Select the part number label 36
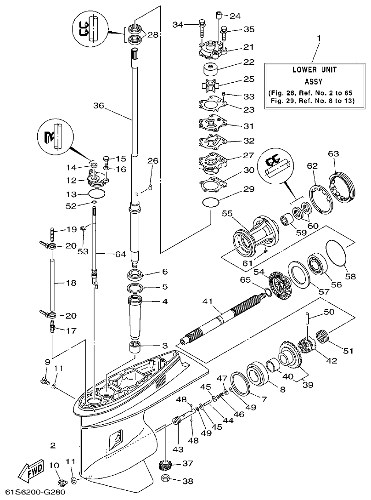coord(99,105)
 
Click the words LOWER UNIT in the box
coord(315,70)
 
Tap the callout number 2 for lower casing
coord(53,445)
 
